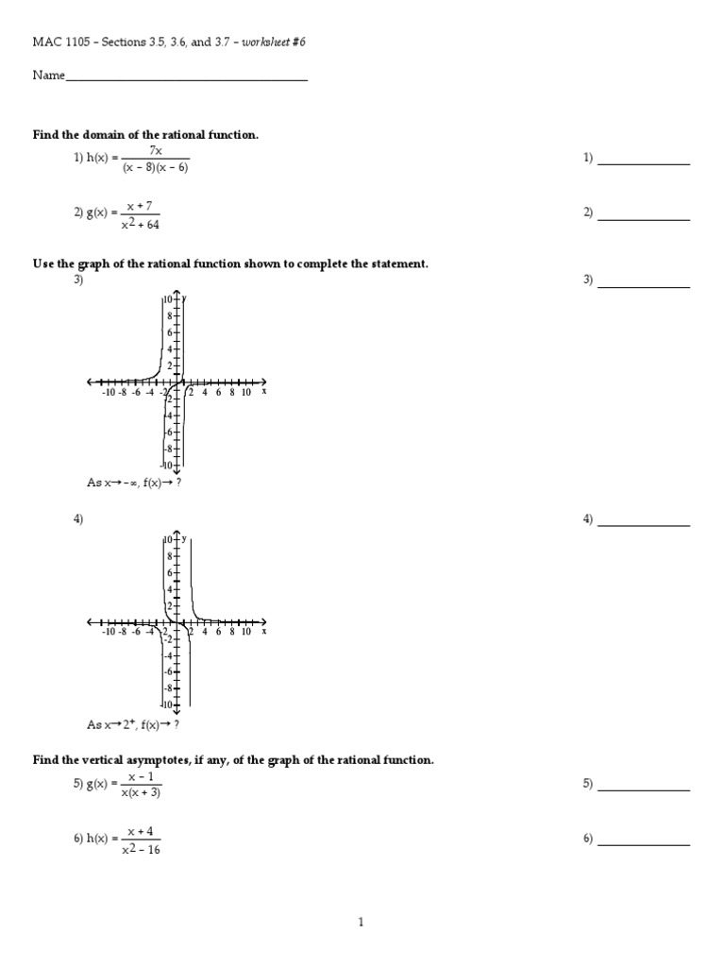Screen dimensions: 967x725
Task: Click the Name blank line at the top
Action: (x=186, y=78)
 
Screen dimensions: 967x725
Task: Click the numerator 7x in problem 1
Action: (x=156, y=150)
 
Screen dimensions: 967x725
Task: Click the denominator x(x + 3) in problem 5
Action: (x=141, y=793)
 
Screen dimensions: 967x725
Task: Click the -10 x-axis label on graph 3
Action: (x=109, y=392)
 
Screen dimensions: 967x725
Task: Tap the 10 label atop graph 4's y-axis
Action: (x=167, y=539)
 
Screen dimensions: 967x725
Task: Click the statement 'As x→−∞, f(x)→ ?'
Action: (x=133, y=483)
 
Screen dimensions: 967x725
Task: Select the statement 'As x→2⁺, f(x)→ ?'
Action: (x=133, y=724)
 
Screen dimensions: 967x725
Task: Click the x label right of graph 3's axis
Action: (x=263, y=389)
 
